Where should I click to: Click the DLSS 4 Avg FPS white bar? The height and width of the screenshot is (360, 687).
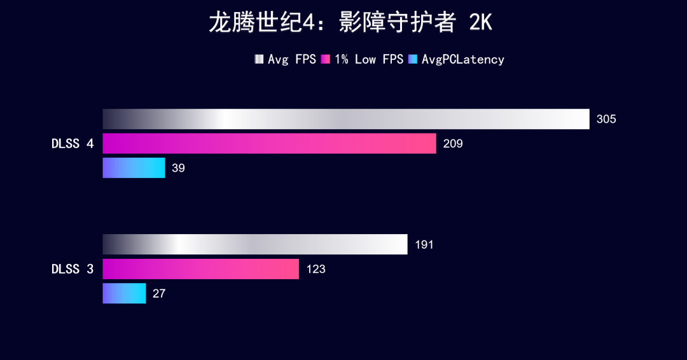[x=346, y=119]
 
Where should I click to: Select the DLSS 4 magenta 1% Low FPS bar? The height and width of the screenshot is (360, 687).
[x=269, y=143]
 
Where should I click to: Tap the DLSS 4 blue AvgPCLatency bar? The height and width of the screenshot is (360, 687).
[x=134, y=168]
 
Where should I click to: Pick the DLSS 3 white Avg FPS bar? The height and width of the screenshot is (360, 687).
[x=255, y=244]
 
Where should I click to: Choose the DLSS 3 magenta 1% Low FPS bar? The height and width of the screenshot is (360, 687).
[x=200, y=269]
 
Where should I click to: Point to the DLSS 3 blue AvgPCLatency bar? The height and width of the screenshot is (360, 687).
[x=124, y=293]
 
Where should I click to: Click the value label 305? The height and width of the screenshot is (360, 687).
[x=606, y=119]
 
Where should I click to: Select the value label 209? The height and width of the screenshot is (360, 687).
[x=453, y=144]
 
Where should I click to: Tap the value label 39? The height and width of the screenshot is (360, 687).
[x=178, y=169]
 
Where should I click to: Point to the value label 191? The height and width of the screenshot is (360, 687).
[x=424, y=245]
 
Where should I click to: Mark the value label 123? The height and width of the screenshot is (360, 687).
[x=316, y=269]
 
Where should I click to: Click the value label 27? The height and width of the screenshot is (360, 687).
[x=159, y=294]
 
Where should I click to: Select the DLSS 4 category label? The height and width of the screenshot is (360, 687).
[x=73, y=144]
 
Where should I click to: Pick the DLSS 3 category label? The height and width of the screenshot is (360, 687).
[x=73, y=269]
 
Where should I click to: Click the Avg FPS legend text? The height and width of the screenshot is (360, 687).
[x=292, y=59]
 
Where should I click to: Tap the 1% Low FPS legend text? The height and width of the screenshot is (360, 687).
[x=369, y=59]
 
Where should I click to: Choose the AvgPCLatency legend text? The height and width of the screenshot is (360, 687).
[x=463, y=59]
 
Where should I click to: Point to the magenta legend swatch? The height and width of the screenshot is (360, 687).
[x=326, y=59]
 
